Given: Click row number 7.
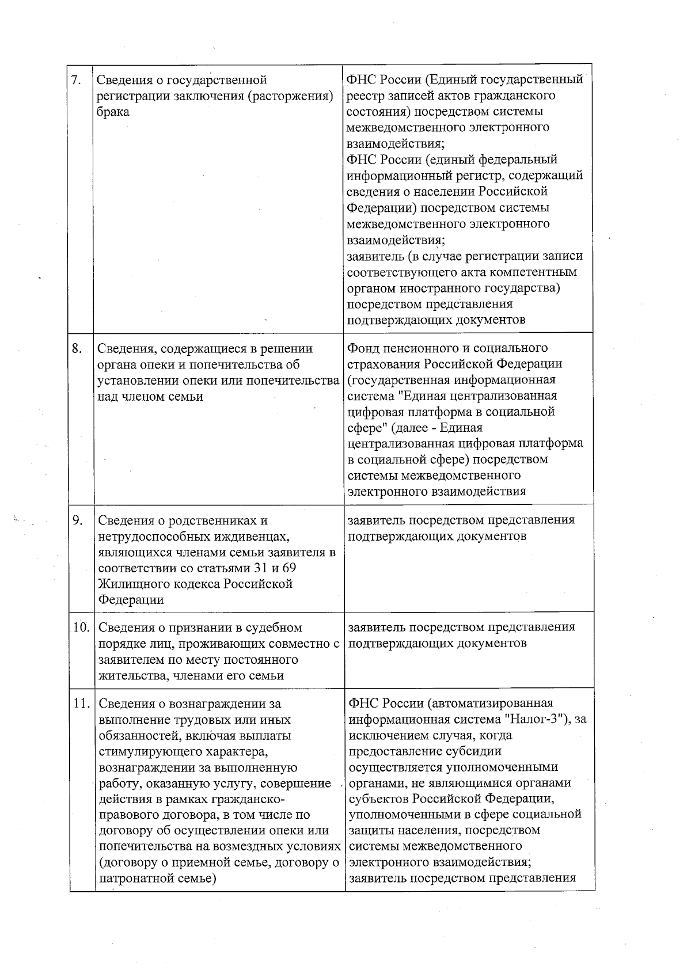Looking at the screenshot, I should click(x=75, y=79).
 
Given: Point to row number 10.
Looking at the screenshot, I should click(x=81, y=627).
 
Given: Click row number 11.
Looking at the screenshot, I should click(x=82, y=703).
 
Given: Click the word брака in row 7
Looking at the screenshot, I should click(x=113, y=112).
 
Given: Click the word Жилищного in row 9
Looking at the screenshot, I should click(x=130, y=584).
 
